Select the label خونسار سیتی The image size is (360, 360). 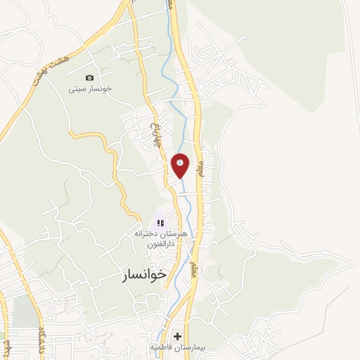90,89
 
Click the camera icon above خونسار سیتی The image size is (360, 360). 89,77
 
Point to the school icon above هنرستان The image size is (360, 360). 160,223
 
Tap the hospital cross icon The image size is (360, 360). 177,336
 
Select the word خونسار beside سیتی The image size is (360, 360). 99,89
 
